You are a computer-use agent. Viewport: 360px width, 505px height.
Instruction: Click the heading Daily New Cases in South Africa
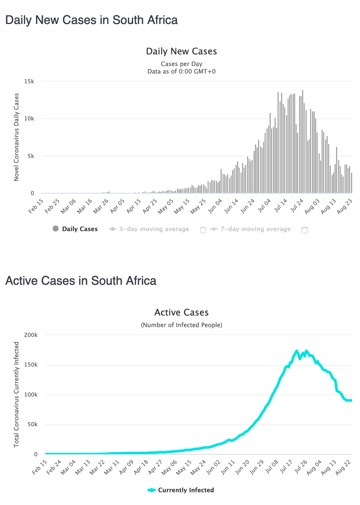point(91,20)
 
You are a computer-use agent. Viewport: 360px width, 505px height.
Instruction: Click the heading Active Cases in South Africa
point(81,281)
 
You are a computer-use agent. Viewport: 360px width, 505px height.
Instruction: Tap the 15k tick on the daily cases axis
point(29,81)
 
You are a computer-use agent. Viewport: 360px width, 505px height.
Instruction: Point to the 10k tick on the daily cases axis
point(29,119)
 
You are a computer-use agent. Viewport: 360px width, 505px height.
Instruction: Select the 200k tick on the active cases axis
point(31,335)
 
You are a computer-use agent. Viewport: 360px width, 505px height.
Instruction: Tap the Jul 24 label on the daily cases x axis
point(297,206)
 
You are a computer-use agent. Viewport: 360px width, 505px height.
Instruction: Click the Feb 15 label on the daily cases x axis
point(36,206)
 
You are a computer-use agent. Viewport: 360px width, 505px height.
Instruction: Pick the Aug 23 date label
point(344,206)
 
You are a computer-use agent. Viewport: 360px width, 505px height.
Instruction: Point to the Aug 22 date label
point(343,467)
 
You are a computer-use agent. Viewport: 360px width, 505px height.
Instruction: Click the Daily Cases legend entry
point(79,229)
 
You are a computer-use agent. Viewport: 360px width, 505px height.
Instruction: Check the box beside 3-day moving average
point(203,230)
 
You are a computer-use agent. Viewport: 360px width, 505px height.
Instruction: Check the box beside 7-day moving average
point(304,230)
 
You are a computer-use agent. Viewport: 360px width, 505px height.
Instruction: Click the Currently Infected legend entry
point(186,490)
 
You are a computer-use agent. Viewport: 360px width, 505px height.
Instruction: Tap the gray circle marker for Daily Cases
point(55,228)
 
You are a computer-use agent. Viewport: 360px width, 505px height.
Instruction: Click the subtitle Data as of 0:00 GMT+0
point(181,71)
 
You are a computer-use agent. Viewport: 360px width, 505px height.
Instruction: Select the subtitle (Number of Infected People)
point(181,325)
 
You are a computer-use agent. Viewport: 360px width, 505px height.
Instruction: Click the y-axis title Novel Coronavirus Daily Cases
point(16,137)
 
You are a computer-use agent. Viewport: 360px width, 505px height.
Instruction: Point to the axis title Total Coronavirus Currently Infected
point(16,394)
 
